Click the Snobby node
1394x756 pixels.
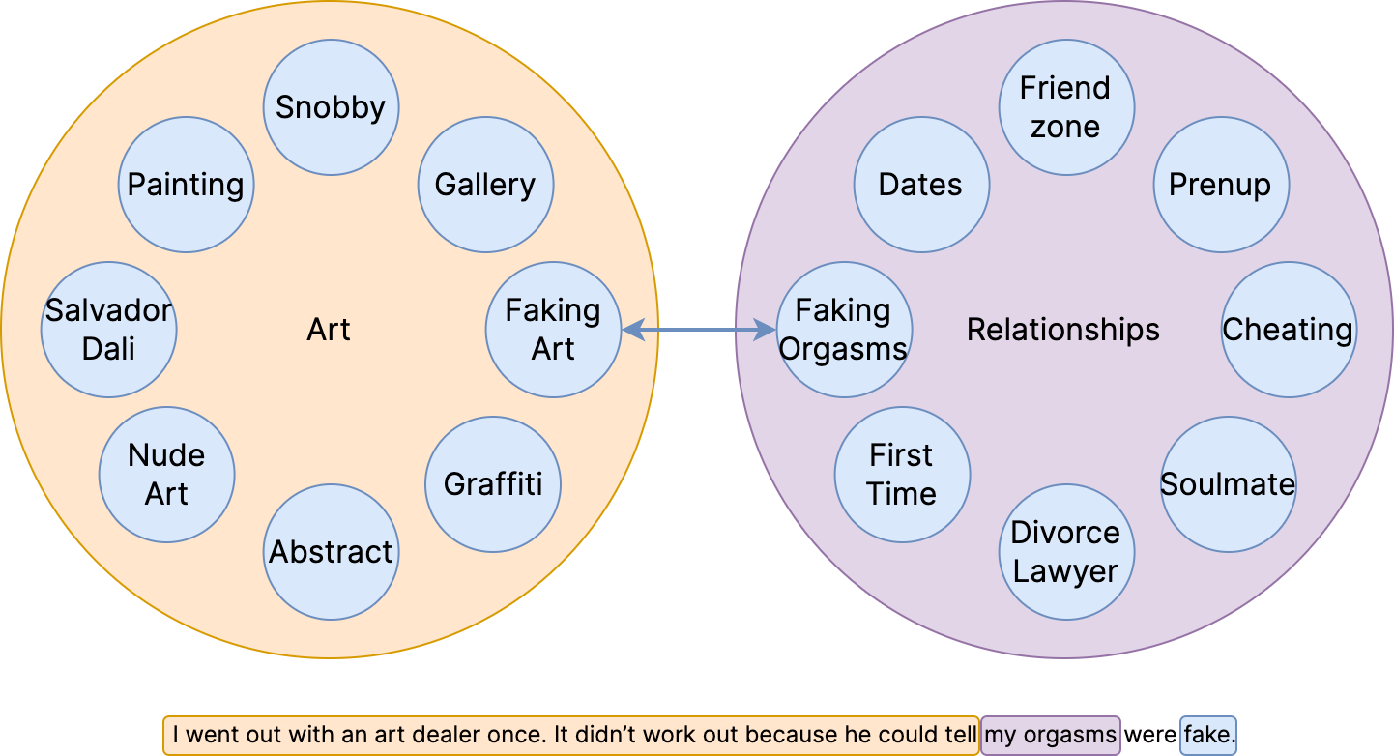[x=331, y=107]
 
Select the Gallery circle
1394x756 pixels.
[x=485, y=185]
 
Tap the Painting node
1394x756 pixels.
[x=186, y=185]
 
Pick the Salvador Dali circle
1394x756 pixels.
[x=108, y=330]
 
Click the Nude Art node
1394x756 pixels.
[x=166, y=475]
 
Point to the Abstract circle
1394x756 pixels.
[x=331, y=552]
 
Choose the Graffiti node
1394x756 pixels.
[x=493, y=484]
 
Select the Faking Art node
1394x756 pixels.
[x=553, y=330]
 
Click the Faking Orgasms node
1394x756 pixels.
[x=844, y=330]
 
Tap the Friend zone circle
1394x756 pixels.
[x=1065, y=107]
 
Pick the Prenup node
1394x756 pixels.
[x=1220, y=185]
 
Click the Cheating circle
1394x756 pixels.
[x=1288, y=330]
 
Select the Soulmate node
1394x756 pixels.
[x=1228, y=484]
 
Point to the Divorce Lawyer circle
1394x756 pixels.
[x=1065, y=552]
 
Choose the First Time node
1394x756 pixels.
[x=901, y=475]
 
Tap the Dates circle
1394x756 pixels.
[x=920, y=185]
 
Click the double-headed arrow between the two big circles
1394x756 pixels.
[x=699, y=331]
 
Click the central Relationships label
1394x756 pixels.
[x=1063, y=330]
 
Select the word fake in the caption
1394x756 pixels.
[x=1208, y=735]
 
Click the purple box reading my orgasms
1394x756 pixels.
[x=1050, y=735]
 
